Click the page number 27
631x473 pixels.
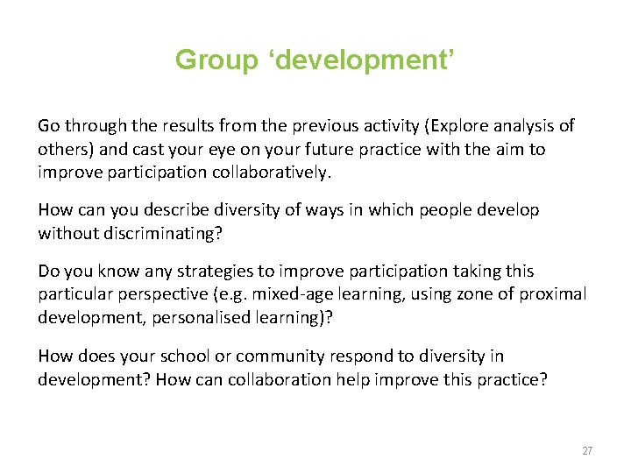point(587,450)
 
